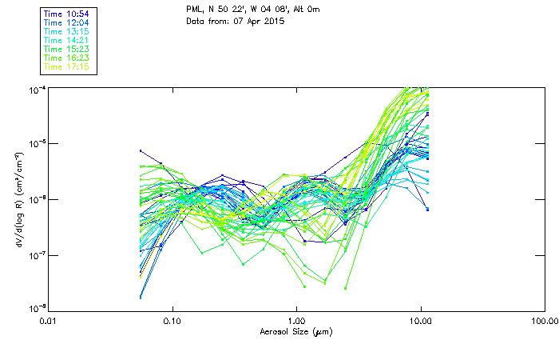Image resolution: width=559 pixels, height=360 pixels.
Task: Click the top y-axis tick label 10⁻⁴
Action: [36, 89]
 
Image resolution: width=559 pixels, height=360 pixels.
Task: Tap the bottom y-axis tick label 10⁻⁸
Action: [36, 308]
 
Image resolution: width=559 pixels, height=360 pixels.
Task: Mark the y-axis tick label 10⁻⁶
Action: [36, 198]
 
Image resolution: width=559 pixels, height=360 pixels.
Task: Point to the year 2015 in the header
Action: [263, 22]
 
